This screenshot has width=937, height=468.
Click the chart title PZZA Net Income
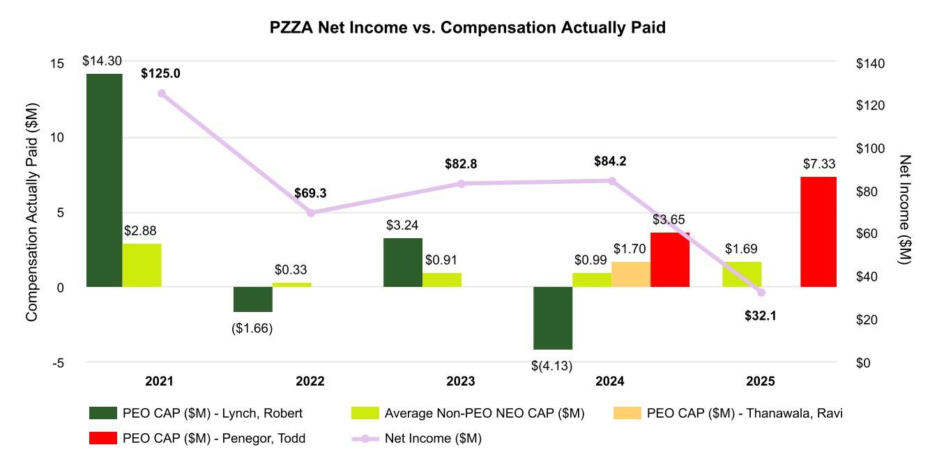(468, 28)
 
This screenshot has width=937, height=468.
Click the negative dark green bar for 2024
(553, 318)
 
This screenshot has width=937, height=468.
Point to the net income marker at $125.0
(162, 93)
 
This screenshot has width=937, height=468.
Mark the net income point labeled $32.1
(761, 292)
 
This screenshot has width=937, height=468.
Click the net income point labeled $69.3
(311, 212)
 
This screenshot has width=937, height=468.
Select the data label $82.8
(461, 164)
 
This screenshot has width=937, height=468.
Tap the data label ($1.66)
(252, 328)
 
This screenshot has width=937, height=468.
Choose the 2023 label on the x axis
(461, 382)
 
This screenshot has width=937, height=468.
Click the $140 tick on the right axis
(869, 63)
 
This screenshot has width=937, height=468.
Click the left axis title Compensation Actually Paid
(31, 212)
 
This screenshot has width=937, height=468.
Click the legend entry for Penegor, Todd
(199, 438)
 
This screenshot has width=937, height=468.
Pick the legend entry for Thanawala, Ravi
(728, 414)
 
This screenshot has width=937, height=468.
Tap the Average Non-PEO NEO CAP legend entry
(467, 414)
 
